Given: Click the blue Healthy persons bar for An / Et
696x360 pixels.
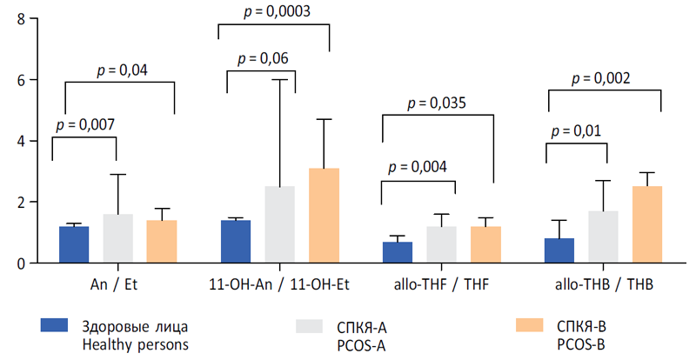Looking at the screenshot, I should coord(74,244).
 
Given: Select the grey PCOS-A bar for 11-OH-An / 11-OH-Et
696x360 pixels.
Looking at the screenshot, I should coord(280,224).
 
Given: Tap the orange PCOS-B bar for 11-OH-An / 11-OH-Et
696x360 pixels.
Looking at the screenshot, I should coord(324,216).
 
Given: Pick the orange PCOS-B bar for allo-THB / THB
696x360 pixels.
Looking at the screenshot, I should coord(648,224).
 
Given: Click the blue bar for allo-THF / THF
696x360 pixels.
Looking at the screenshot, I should coord(398,252).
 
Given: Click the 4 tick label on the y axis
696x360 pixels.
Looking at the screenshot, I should coord(20,141).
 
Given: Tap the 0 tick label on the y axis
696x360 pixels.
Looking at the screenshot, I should coord(20,263).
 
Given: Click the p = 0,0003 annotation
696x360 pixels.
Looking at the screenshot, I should coord(272,12).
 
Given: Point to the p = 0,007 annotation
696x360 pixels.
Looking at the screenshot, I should coord(84,124).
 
